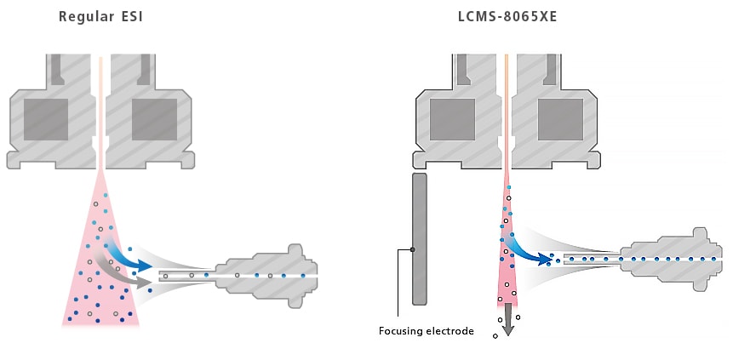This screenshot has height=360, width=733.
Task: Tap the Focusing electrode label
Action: pyautogui.click(x=426, y=330)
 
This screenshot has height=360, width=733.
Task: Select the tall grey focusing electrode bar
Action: pyautogui.click(x=418, y=238)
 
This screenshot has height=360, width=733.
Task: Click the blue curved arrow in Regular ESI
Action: pyautogui.click(x=128, y=255)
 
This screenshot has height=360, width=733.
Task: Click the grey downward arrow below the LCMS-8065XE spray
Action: pyautogui.click(x=507, y=322)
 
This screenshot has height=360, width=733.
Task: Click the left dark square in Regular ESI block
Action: pyautogui.click(x=45, y=119)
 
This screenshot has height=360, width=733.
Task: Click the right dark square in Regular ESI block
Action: pyautogui.click(x=154, y=119)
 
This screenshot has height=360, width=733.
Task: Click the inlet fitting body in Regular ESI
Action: pyautogui.click(x=264, y=276)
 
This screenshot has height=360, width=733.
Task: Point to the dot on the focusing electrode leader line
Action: pyautogui.click(x=413, y=249)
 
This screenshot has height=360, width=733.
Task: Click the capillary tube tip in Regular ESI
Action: pyautogui.click(x=162, y=276)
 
